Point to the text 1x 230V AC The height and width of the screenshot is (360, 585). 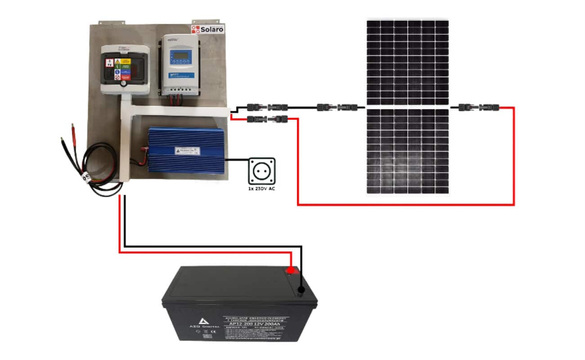pyautogui.click(x=261, y=189)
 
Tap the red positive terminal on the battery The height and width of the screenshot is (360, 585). pyautogui.click(x=291, y=270)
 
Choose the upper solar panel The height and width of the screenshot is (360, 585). pyautogui.click(x=407, y=62)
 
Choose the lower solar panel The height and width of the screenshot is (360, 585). pyautogui.click(x=407, y=152)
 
